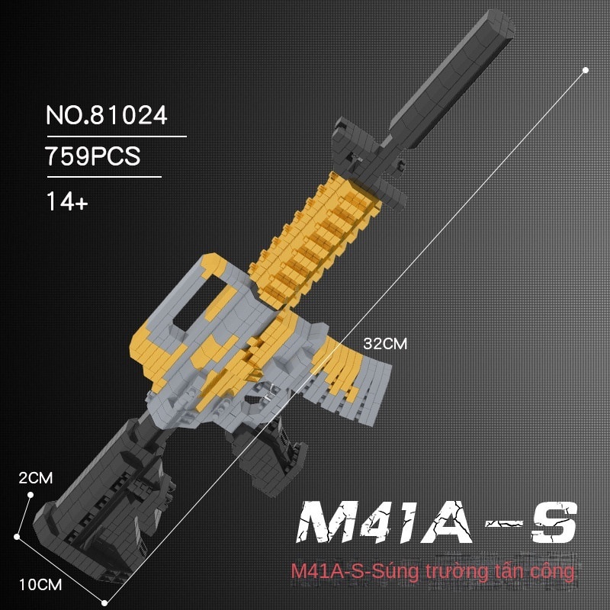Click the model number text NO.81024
pos(107,115)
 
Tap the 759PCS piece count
pos(92,156)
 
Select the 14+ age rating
pos(67,201)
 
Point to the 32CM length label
pos(385,344)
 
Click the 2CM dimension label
pos(35,478)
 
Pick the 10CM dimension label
pos(40,585)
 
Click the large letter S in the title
pos(554,522)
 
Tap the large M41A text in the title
pos(385,522)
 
